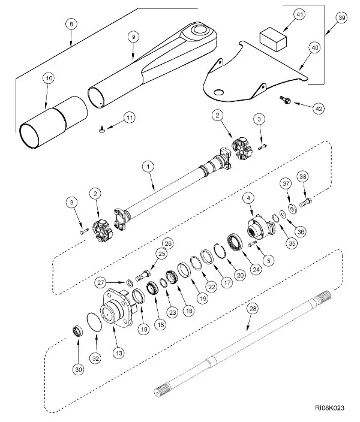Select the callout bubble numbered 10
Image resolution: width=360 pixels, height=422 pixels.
pos(49,79)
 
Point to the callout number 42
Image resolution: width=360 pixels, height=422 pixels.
pos(318,108)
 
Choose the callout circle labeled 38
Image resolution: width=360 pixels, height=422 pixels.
pos(303,176)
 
